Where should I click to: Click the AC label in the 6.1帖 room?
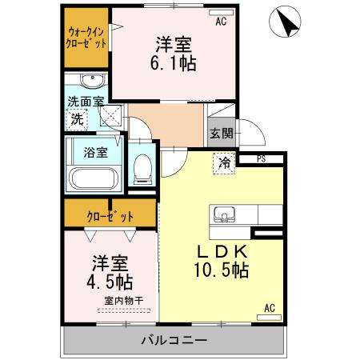coord(220,22)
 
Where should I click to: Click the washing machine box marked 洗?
coord(77,119)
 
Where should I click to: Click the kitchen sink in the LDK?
coord(222,214)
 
